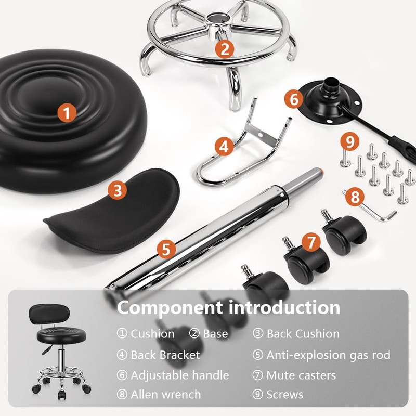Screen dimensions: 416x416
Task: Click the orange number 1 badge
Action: pyautogui.click(x=67, y=112)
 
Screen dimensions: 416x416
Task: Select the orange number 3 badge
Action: pyautogui.click(x=118, y=190)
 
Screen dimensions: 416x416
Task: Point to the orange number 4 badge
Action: pyautogui.click(x=224, y=147)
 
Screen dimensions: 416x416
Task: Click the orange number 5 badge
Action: pyautogui.click(x=165, y=249)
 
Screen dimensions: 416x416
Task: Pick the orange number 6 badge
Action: pyautogui.click(x=294, y=98)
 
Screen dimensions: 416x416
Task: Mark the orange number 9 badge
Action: pyautogui.click(x=350, y=140)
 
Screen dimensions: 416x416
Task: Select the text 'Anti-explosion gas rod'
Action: pyautogui.click(x=328, y=355)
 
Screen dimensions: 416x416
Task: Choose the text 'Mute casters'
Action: pyautogui.click(x=301, y=375)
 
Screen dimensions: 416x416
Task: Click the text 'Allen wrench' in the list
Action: pyautogui.click(x=165, y=394)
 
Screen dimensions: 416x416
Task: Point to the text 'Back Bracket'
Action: pyautogui.click(x=165, y=355)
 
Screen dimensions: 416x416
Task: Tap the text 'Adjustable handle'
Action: pyautogui.click(x=179, y=375)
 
